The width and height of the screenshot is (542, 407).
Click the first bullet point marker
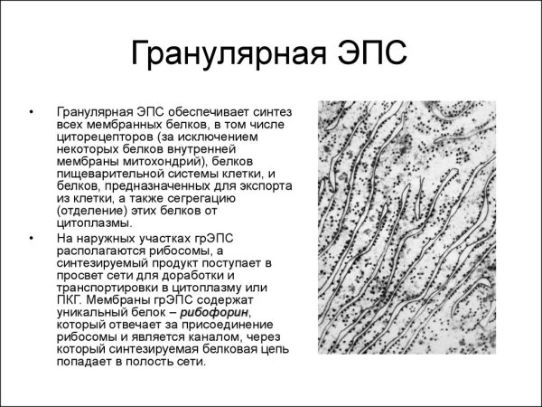(x=33, y=113)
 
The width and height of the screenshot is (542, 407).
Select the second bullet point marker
(x=33, y=237)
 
